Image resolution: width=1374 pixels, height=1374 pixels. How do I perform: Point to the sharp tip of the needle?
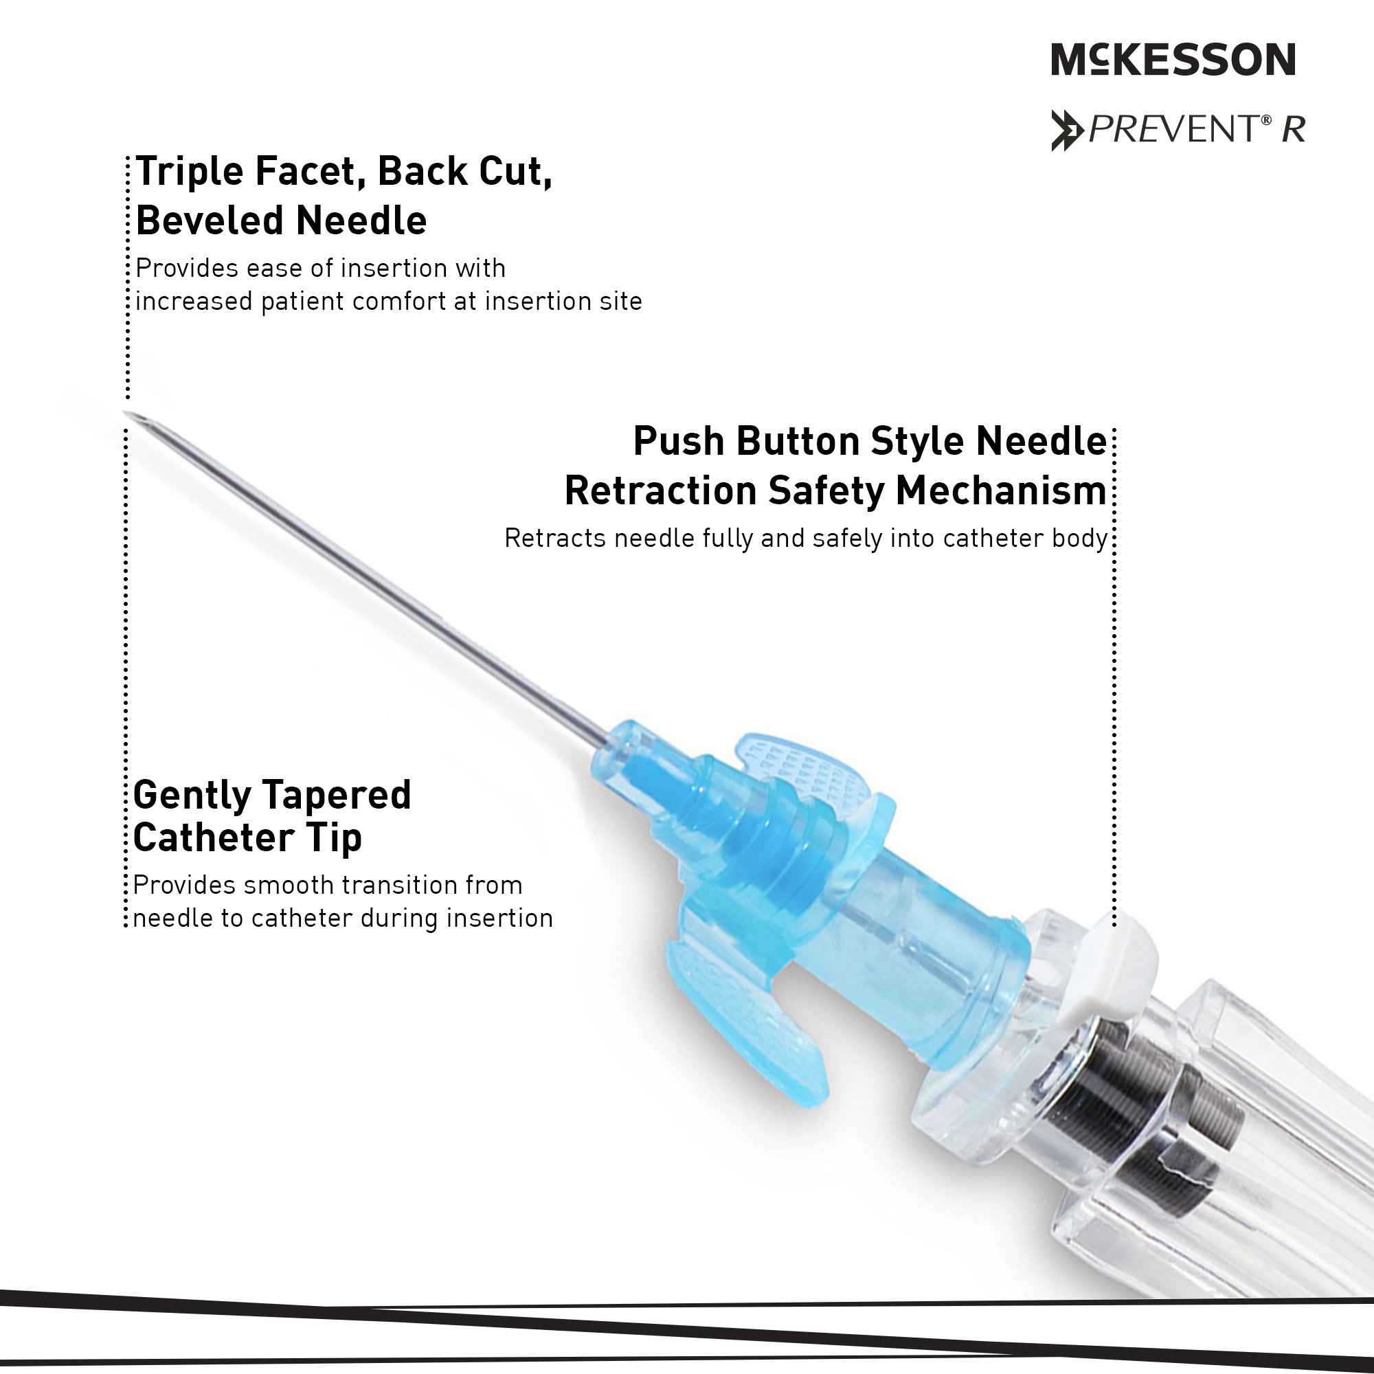pos(125,412)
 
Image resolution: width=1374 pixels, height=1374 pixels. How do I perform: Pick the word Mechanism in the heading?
pos(1001,491)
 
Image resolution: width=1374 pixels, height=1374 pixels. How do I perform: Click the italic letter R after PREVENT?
pos(1294,130)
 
